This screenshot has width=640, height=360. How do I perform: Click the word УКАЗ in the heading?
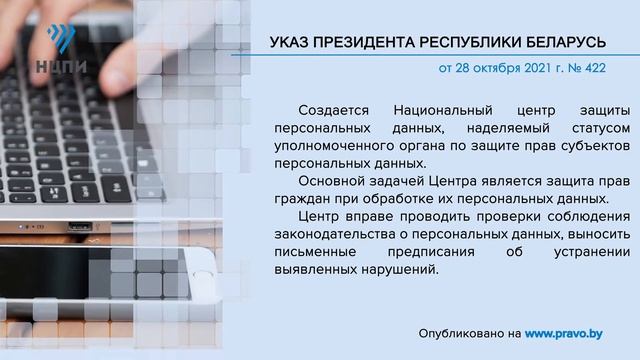point(291,43)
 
